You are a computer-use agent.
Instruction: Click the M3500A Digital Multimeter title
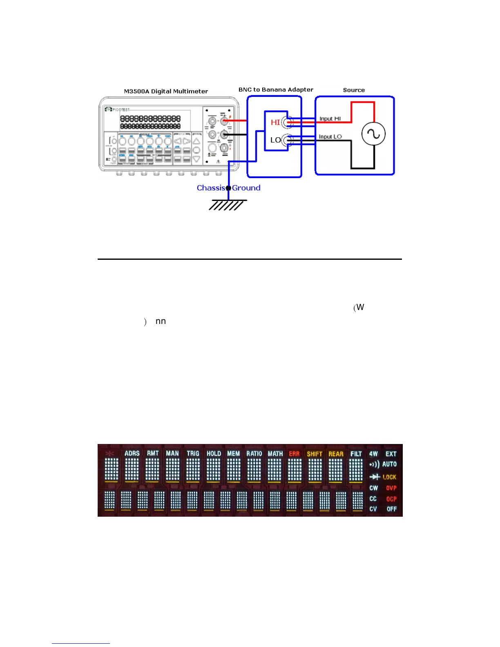(166, 91)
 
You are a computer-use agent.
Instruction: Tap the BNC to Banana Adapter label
(276, 90)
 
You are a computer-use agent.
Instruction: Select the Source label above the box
(354, 90)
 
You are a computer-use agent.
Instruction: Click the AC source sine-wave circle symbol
(373, 134)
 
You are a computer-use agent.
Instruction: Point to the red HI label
(275, 123)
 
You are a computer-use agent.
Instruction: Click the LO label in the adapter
(275, 140)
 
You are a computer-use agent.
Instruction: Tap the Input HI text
(330, 119)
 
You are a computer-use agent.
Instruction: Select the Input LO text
(330, 137)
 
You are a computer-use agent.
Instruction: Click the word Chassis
(211, 188)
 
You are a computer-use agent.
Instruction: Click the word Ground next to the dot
(246, 188)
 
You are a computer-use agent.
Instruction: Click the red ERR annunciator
(294, 454)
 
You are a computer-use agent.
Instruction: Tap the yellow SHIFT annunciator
(315, 454)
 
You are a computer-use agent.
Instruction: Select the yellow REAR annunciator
(336, 454)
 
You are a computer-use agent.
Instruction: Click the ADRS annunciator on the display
(132, 453)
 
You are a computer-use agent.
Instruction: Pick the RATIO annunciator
(254, 454)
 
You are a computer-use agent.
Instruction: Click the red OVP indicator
(391, 488)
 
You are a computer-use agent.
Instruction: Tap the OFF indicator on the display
(391, 509)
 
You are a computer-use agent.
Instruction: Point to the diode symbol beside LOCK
(375, 477)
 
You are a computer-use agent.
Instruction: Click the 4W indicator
(373, 454)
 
